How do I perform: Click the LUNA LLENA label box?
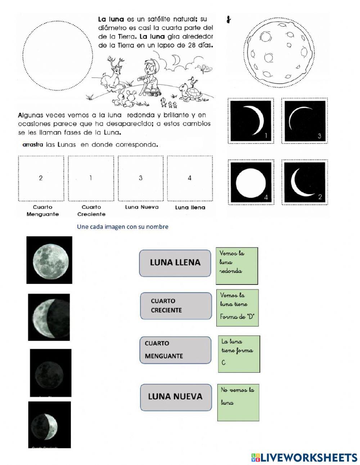coord(175,263)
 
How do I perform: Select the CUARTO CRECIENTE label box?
coord(176,306)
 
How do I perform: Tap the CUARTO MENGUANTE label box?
coord(175,350)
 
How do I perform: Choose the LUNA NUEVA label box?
coord(176,397)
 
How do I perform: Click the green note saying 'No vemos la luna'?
coord(238,402)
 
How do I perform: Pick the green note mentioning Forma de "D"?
coord(237,308)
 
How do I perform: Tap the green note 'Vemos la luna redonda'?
coord(237,265)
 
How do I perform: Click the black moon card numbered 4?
coord(251,182)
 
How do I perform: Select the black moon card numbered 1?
coord(251,121)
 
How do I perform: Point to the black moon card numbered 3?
coord(305,121)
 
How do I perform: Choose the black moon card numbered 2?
coord(305,182)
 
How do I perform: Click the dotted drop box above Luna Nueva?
coord(140,178)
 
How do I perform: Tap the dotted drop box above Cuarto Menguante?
coord(41,178)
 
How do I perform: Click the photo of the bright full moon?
coord(50,260)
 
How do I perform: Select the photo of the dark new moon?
coord(50,372)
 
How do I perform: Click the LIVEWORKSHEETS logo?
coord(304,457)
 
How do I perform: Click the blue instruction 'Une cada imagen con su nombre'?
coord(122,227)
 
